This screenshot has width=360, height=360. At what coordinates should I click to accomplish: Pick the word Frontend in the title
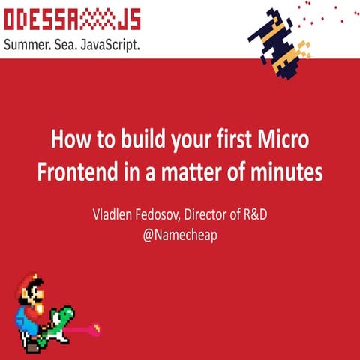(76, 172)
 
